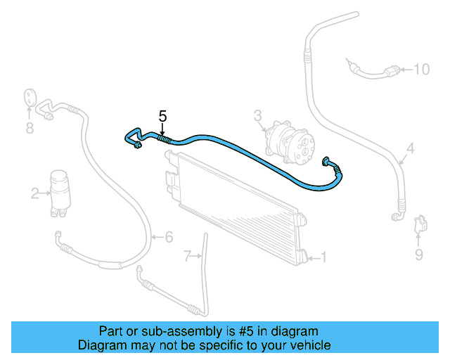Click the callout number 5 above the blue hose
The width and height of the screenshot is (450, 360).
[162, 116]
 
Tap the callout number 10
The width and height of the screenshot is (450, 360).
[420, 69]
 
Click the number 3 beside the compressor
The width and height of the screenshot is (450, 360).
[257, 115]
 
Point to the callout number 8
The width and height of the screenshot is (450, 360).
[30, 128]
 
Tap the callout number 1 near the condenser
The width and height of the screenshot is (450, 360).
[323, 257]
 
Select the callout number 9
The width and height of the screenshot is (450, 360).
[419, 255]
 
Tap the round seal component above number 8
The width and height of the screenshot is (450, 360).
[30, 98]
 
